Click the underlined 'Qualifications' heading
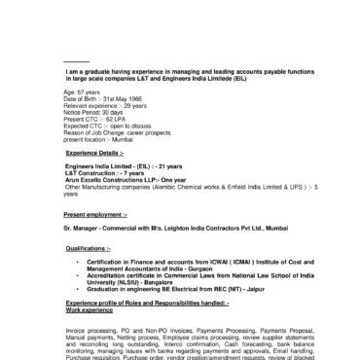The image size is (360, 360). (90, 250)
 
